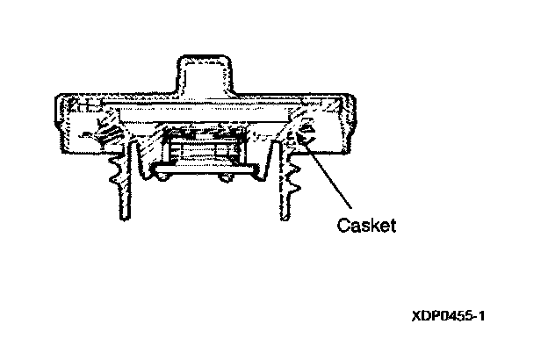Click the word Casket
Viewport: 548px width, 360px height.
click(367, 226)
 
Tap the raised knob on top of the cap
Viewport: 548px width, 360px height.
click(208, 74)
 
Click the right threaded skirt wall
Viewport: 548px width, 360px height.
click(286, 180)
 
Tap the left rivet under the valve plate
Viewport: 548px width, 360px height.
click(162, 176)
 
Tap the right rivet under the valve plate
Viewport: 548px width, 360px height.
click(228, 176)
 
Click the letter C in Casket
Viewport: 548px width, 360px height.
click(344, 226)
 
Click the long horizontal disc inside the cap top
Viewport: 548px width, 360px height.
click(205, 113)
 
